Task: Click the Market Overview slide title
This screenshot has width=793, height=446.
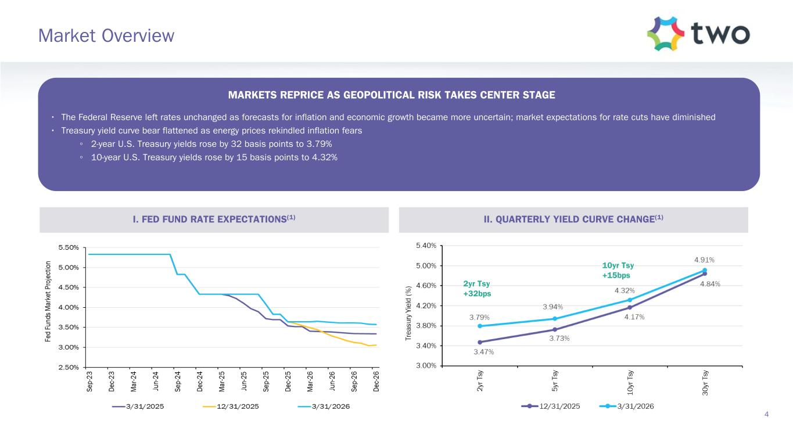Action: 106,36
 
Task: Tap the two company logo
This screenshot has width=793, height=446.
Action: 698,34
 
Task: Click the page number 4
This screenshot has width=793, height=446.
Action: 767,414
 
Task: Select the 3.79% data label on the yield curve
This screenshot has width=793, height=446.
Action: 479,318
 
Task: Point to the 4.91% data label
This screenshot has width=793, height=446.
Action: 704,260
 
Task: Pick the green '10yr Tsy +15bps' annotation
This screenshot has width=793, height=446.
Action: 616,270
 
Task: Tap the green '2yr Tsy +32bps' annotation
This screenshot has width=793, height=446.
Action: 477,289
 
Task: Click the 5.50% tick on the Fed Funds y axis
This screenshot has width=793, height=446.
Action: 69,247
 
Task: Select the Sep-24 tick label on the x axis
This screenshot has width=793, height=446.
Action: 178,381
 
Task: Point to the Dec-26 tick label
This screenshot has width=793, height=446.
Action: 376,381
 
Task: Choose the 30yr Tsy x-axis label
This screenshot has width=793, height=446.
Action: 704,383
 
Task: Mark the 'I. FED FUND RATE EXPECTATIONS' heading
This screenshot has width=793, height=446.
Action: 214,219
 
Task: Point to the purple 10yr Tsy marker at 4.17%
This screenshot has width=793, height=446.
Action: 630,308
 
